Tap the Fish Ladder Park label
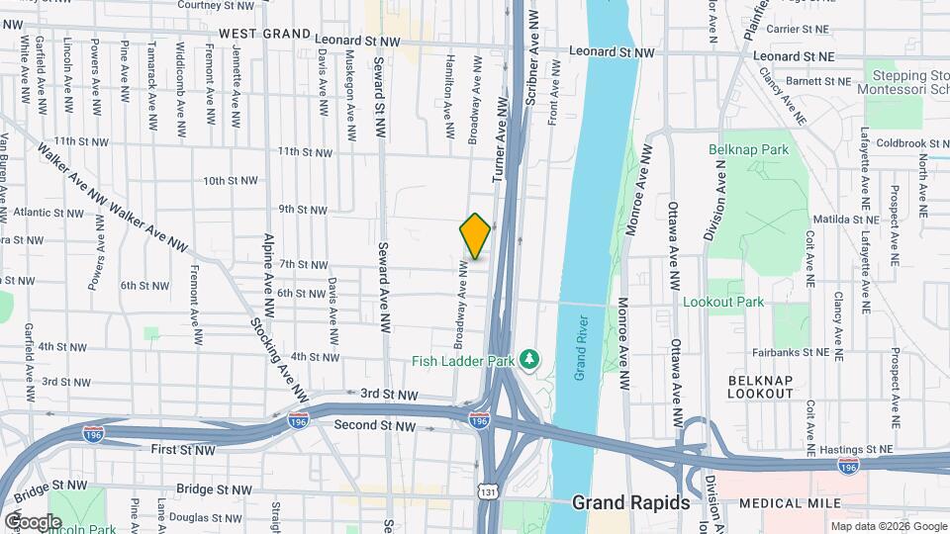[x=463, y=361]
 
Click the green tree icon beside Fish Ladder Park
[x=530, y=358]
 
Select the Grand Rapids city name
[x=631, y=502]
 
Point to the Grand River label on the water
[x=580, y=347]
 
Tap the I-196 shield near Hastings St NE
[x=847, y=464]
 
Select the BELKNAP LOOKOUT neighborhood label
[x=761, y=386]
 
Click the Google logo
[x=33, y=521]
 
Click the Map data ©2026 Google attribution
[x=887, y=526]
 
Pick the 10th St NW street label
[x=230, y=181]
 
